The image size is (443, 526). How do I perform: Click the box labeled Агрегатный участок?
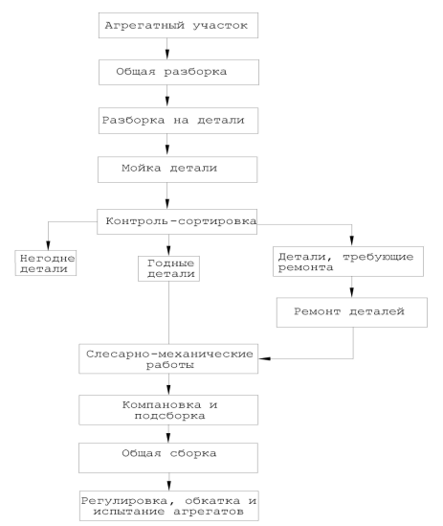[x=178, y=26]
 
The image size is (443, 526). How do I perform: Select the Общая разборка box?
[x=179, y=72]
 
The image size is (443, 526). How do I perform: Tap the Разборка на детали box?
[x=178, y=121]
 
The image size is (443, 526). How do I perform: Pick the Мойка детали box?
[x=178, y=170]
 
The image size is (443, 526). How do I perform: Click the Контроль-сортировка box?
[x=177, y=221]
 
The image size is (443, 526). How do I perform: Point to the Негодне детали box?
[x=46, y=263]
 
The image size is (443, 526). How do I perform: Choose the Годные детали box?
[x=169, y=268]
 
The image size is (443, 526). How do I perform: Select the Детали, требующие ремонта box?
[x=348, y=262]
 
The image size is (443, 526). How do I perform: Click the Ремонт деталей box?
[x=352, y=312]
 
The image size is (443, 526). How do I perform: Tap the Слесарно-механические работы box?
[x=168, y=358]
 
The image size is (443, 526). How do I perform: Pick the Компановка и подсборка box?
[x=168, y=410]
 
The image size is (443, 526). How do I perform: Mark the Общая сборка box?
[x=168, y=458]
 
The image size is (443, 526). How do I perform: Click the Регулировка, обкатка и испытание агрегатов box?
[x=169, y=506]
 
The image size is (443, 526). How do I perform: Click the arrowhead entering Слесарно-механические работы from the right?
[x=265, y=358]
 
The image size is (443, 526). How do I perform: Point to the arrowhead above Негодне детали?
[x=48, y=245]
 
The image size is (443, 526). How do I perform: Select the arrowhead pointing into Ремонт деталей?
[x=351, y=292]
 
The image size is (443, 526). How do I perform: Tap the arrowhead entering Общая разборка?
[x=167, y=55]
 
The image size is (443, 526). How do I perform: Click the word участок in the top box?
[x=220, y=26]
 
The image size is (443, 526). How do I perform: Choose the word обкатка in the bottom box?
[x=212, y=501]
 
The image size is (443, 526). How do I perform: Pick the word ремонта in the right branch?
[x=305, y=267]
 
